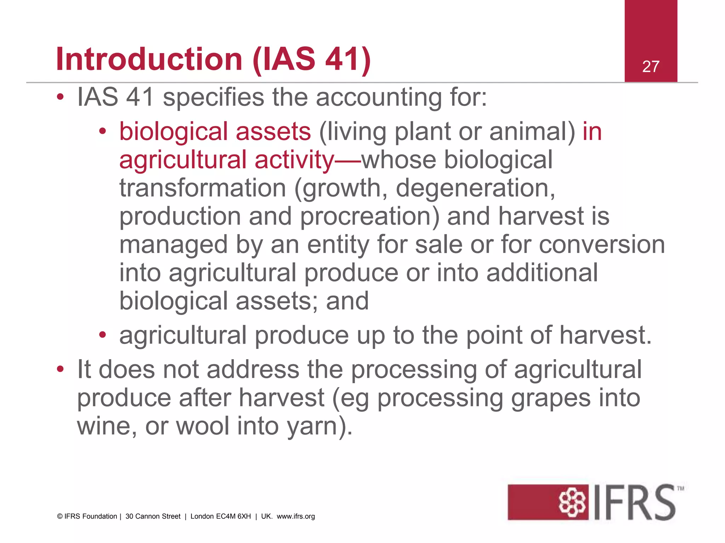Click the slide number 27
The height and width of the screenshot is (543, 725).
click(651, 66)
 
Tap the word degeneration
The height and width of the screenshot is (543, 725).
click(475, 188)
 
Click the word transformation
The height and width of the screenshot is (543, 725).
click(202, 188)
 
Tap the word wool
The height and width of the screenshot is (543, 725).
click(202, 426)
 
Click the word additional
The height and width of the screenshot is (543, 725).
click(542, 273)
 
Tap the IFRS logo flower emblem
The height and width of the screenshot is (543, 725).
click(572, 502)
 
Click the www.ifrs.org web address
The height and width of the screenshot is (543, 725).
click(296, 516)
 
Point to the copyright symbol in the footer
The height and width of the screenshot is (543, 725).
click(59, 516)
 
